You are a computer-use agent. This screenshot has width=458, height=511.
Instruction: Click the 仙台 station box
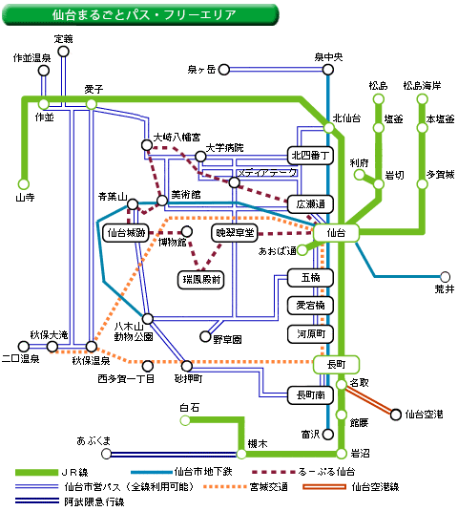pos(336,233)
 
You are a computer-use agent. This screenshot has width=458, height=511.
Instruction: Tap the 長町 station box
pos(336,364)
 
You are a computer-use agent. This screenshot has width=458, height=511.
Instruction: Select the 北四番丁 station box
pos(310,156)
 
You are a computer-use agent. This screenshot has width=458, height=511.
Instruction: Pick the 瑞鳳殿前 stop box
pos(200,280)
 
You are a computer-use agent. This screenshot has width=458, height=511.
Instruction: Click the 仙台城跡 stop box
pos(126,233)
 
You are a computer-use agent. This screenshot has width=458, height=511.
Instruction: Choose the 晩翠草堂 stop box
pos(235,233)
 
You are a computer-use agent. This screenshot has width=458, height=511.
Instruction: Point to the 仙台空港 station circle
pos(395,415)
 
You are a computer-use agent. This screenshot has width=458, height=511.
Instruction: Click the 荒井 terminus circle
pos(445,277)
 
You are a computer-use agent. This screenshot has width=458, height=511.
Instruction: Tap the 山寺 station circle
pos(24,183)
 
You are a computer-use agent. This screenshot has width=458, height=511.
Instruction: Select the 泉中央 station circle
pos(328,70)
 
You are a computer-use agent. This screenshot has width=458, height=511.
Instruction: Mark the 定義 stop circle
pos(64,52)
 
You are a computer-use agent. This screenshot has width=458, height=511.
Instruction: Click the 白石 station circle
pos(185,420)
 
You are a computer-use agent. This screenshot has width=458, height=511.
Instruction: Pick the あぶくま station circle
pos(106,454)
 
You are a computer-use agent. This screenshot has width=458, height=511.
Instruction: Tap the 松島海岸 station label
pos(422,86)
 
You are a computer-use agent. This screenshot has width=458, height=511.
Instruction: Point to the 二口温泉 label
pos(20,359)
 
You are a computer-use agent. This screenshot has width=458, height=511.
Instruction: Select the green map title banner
pos(140,14)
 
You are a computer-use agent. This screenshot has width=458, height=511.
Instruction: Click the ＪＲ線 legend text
pos(74,472)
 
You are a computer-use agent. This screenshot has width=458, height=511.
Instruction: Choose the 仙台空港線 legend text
pos(375,487)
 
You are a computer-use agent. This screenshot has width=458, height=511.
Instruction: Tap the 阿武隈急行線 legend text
pos(94,501)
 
